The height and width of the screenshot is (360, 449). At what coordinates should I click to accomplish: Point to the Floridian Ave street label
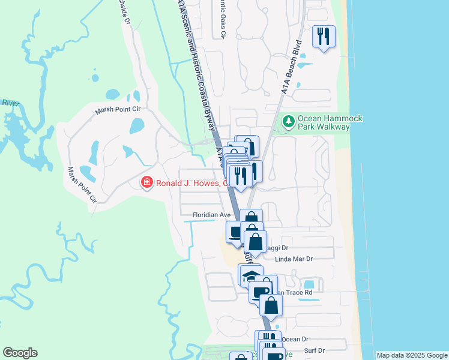tap(211, 215)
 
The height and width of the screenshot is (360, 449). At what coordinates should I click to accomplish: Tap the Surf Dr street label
tap(313, 350)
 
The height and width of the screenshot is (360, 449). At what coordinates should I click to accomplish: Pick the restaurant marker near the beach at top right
tap(324, 37)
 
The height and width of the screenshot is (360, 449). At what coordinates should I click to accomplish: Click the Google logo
tap(20, 353)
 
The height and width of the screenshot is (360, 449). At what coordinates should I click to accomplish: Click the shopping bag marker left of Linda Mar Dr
tap(256, 241)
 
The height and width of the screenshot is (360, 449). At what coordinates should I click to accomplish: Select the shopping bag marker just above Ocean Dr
tap(271, 305)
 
